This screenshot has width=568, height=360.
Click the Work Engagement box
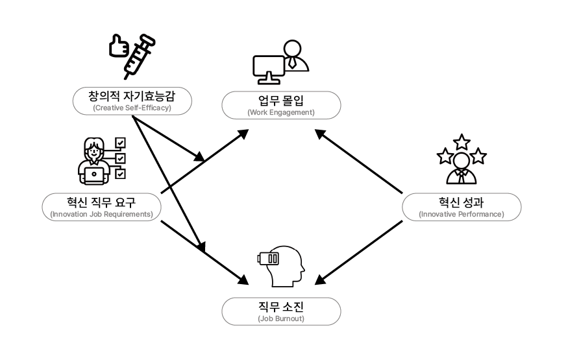[x=281, y=106]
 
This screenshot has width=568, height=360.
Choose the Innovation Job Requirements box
[x=101, y=206]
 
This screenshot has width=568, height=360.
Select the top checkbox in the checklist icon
[x=120, y=143]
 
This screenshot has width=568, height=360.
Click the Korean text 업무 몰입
[x=281, y=101]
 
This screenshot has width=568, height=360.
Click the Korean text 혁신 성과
[x=461, y=202]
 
